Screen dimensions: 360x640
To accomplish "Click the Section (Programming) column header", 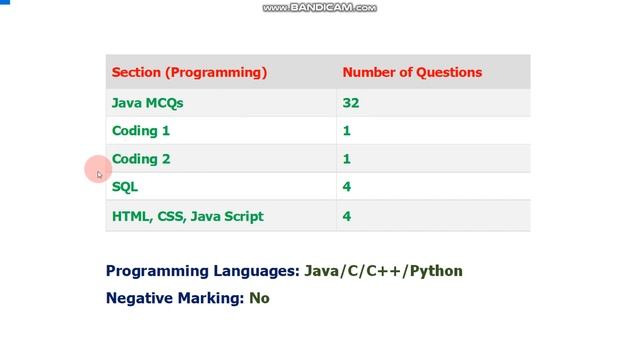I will [x=189, y=72].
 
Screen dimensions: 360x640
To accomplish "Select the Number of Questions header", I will [x=412, y=72].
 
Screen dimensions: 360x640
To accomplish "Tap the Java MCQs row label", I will [x=147, y=102].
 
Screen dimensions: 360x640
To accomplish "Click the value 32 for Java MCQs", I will [x=350, y=102].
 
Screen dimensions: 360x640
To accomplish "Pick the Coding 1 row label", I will [x=141, y=130].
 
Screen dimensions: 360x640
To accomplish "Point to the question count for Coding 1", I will [x=347, y=130].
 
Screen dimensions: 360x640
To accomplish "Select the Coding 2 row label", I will [x=141, y=158].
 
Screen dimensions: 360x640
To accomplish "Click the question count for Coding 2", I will [x=347, y=158].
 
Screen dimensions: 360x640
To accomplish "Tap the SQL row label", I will [x=125, y=186].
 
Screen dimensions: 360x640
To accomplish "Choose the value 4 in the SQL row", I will [x=347, y=186].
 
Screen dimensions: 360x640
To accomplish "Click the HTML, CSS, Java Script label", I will [x=187, y=216].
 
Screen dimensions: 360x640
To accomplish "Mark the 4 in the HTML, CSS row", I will [x=347, y=216].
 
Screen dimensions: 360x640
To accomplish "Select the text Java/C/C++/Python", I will [x=383, y=270].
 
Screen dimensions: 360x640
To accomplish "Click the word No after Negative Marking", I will [x=259, y=297].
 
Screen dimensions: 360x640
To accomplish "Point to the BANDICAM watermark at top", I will [x=320, y=8].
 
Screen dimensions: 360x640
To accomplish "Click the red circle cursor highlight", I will [x=98, y=170].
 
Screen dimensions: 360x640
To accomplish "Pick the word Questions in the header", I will [x=449, y=72].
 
